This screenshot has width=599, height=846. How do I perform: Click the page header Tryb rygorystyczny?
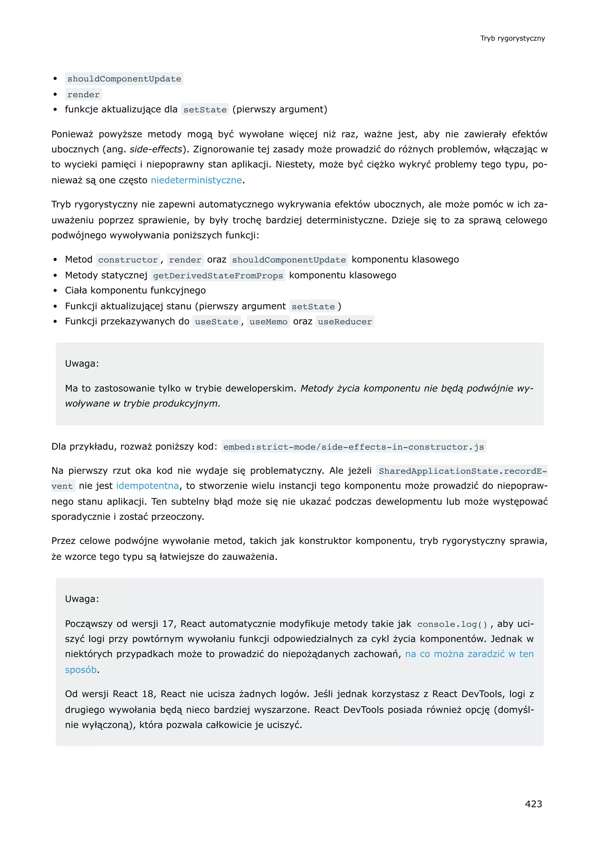(512, 38)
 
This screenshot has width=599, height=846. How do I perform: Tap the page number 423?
(533, 804)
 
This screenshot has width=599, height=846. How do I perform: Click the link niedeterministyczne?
(196, 180)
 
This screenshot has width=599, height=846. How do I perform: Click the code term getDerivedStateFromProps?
(218, 275)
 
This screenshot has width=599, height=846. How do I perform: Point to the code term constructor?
(128, 260)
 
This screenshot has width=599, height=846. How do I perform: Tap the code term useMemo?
(268, 322)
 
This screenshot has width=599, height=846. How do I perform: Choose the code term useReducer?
(345, 322)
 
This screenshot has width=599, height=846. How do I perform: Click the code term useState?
(216, 322)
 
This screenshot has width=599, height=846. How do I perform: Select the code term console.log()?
(452, 624)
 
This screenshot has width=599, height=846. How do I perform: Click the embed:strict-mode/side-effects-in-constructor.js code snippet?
(353, 447)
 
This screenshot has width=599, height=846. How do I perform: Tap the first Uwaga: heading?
(82, 364)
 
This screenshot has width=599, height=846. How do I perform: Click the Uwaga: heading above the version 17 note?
(82, 599)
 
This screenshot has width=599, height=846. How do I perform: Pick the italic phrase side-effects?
(156, 149)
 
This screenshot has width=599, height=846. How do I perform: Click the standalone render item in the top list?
(83, 95)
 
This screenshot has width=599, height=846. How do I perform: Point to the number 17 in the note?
(168, 624)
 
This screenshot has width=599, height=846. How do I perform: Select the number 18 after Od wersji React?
(147, 694)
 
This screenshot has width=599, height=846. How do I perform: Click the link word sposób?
(81, 670)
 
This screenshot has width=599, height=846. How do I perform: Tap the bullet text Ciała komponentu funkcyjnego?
(135, 290)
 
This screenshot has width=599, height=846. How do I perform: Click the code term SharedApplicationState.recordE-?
(462, 471)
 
